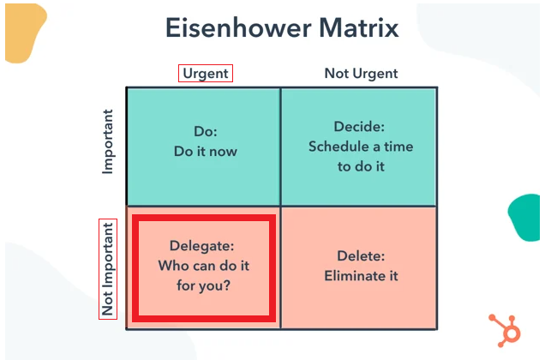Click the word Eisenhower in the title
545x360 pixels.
point(229,28)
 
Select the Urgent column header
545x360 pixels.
point(206,73)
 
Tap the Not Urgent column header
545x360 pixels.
point(360,73)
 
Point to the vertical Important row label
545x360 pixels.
point(108,141)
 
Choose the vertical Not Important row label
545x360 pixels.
point(108,268)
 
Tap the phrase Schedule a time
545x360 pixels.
point(361,147)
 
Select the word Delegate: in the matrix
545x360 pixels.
point(203,247)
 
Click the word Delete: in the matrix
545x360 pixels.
point(361,256)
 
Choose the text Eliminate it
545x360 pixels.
point(361,276)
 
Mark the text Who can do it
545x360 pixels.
point(203,266)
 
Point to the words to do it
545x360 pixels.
point(361,165)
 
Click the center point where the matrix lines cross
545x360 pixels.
point(280,206)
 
